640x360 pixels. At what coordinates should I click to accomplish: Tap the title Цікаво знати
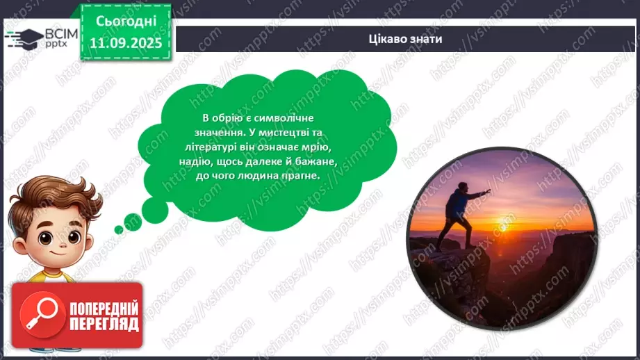406,39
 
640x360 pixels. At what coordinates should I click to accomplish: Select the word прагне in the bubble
304,177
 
